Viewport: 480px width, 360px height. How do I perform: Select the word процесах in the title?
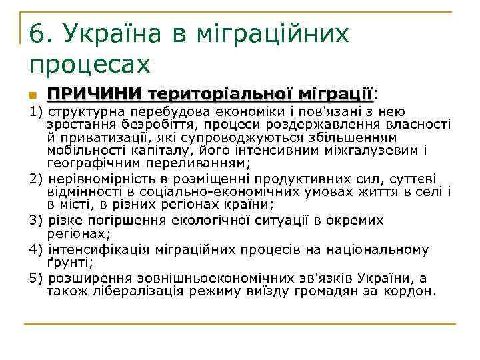[x=90, y=64]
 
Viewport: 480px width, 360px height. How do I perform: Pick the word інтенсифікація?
[x=92, y=249]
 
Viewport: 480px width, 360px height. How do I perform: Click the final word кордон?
[x=411, y=291]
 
